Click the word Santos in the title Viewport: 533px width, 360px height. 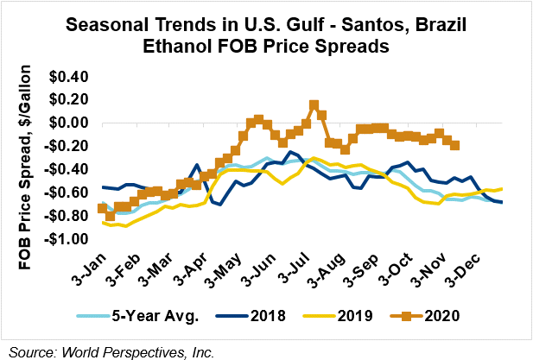click(368, 27)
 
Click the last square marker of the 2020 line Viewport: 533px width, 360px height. click(455, 146)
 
